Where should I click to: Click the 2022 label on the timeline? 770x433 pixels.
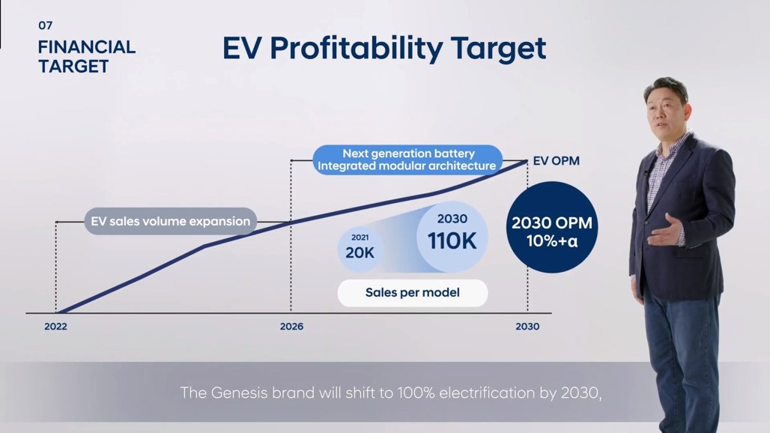tap(55, 327)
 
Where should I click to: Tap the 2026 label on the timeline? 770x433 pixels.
tap(291, 327)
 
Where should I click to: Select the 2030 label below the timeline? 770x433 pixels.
tap(527, 327)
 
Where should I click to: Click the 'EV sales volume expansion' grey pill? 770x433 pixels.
tap(170, 222)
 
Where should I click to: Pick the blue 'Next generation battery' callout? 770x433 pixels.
tap(407, 160)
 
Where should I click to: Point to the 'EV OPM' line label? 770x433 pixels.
tap(556, 161)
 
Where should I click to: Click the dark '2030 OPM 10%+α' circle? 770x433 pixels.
tap(552, 227)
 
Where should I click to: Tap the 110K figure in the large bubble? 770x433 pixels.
tap(452, 241)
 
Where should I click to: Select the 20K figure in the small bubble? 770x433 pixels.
tap(360, 252)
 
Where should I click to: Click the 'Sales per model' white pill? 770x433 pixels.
tap(413, 293)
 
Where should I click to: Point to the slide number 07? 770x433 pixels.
tap(45, 25)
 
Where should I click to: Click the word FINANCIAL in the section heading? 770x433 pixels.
tap(86, 47)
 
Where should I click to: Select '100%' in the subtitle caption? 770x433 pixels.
tap(416, 393)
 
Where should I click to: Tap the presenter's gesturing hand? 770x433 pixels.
tap(665, 231)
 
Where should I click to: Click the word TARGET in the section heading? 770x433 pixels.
tap(73, 66)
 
